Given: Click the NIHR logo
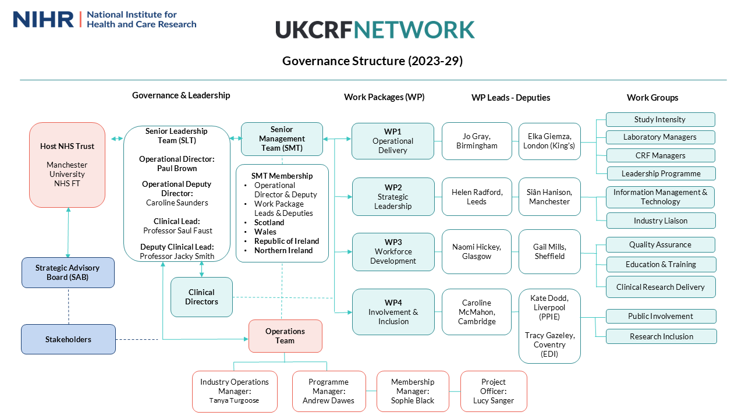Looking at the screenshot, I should pos(105,19).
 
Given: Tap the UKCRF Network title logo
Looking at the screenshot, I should pos(375,30).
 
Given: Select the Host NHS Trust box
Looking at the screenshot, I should pos(67,165).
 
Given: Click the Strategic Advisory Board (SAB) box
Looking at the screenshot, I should pos(68,272).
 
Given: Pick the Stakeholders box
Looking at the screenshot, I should pos(68,339).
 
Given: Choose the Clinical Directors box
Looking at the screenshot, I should pos(201,297).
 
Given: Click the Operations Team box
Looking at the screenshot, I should pos(285,336).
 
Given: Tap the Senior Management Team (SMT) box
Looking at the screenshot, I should pos(282,139).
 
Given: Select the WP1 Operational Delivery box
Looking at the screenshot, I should pos(393,141).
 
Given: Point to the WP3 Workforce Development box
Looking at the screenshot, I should pos(393,251).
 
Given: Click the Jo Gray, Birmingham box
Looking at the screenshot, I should pos(477,141).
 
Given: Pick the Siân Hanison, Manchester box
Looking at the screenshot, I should pos(549,197).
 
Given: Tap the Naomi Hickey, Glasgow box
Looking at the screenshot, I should pos(477,251).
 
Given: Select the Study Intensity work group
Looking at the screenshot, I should pos(660,119).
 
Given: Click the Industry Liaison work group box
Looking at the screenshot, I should pos(661,221).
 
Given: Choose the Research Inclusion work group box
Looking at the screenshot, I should pos(661,336).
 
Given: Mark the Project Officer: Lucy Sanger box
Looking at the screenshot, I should pos(494,392).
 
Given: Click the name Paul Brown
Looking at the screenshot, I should pos(177,168).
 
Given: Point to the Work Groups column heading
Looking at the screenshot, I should pos(652,98).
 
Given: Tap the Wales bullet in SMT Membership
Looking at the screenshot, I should pos(265,232).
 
